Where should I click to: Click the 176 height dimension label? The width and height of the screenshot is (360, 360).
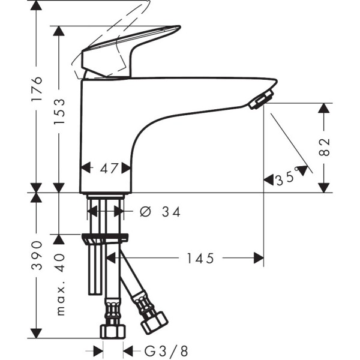pos(37,90)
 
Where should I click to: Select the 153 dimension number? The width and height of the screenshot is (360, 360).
pos(59,111)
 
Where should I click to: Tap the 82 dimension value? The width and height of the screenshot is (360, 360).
pos(325,146)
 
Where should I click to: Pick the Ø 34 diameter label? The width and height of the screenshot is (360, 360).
pos(160,211)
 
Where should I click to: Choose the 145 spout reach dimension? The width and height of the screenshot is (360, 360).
pos(200,258)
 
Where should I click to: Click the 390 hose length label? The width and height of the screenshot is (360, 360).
pos(37,254)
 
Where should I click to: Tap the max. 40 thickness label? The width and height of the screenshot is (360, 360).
pos(59,284)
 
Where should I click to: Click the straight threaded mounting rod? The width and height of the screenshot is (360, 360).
pos(94,270)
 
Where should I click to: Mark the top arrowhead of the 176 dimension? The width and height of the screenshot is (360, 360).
pos(37,7)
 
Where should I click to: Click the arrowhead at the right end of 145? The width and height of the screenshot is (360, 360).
pos(259,258)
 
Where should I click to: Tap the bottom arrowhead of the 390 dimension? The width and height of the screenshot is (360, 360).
pos(37,334)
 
